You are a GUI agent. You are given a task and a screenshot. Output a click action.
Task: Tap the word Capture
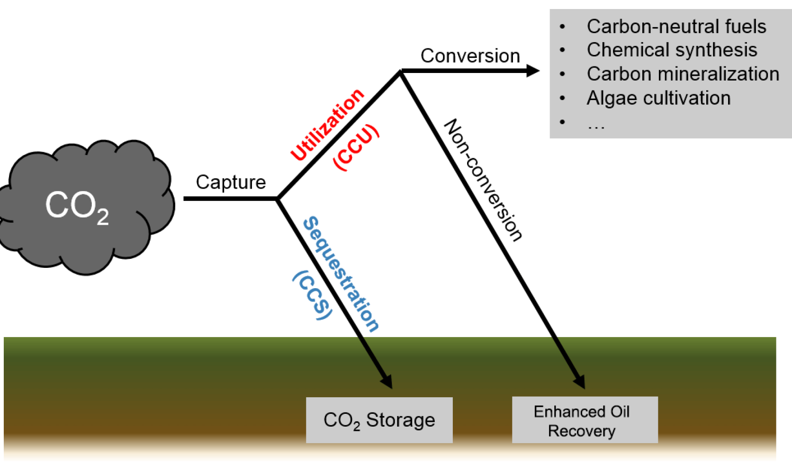tap(231, 182)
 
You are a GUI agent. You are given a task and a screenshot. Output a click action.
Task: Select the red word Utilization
tap(327, 125)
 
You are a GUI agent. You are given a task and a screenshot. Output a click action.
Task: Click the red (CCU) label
tap(356, 147)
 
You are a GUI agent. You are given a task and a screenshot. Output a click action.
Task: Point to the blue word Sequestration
tap(341, 274)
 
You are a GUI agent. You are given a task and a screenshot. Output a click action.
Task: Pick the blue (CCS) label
tap(313, 295)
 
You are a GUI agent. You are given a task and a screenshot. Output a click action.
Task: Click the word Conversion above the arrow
tap(470, 56)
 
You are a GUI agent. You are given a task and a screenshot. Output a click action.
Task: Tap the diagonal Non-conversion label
tap(483, 180)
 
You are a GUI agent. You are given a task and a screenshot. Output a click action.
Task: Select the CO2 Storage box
tap(379, 420)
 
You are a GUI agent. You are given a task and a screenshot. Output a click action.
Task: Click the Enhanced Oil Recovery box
tap(585, 420)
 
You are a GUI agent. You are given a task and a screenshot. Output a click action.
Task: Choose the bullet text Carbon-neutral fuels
tap(676, 27)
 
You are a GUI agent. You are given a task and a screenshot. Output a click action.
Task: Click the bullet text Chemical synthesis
tap(672, 50)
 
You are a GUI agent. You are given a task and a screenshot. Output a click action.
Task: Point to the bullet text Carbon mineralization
tap(683, 74)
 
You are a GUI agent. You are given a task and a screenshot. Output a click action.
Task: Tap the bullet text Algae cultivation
tap(658, 98)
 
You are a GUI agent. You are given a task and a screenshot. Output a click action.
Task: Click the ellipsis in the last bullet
tap(596, 126)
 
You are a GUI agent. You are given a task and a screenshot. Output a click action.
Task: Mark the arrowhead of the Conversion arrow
tap(533, 71)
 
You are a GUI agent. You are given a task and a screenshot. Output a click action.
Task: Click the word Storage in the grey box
tap(400, 420)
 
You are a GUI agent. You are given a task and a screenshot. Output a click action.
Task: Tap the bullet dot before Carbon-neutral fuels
tap(562, 27)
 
